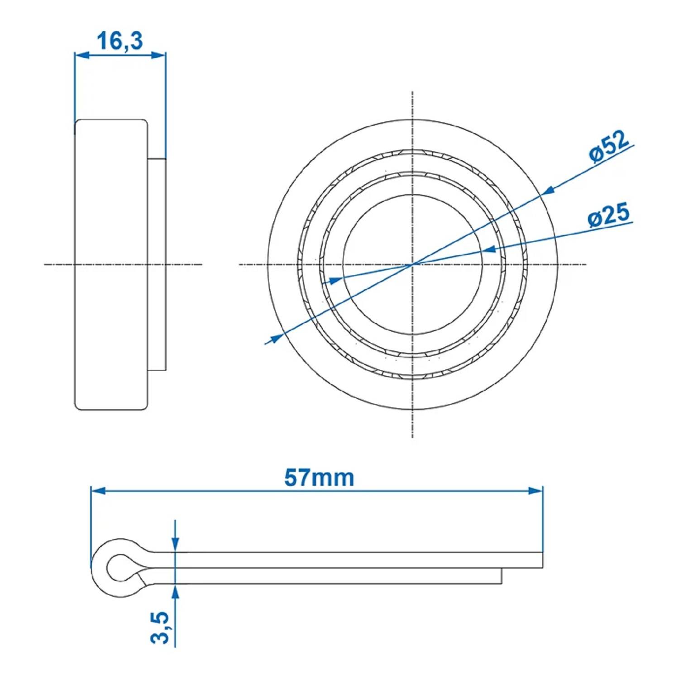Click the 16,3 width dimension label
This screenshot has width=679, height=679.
[x=120, y=41]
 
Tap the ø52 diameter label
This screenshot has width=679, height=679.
[x=609, y=146]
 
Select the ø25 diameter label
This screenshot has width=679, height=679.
[x=608, y=215]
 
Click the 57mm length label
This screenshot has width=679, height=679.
[x=319, y=478]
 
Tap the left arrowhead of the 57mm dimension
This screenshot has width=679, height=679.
[x=98, y=491]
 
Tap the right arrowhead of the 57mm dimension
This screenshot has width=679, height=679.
[x=536, y=491]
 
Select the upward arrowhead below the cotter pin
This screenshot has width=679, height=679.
[x=175, y=591]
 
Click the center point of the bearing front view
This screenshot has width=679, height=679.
[x=412, y=264]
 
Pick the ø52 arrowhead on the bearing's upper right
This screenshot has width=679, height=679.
[x=548, y=191]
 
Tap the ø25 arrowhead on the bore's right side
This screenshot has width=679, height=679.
[x=488, y=249]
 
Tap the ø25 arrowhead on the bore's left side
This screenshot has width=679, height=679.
[x=334, y=281]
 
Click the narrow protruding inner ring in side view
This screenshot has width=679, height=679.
[x=157, y=264]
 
